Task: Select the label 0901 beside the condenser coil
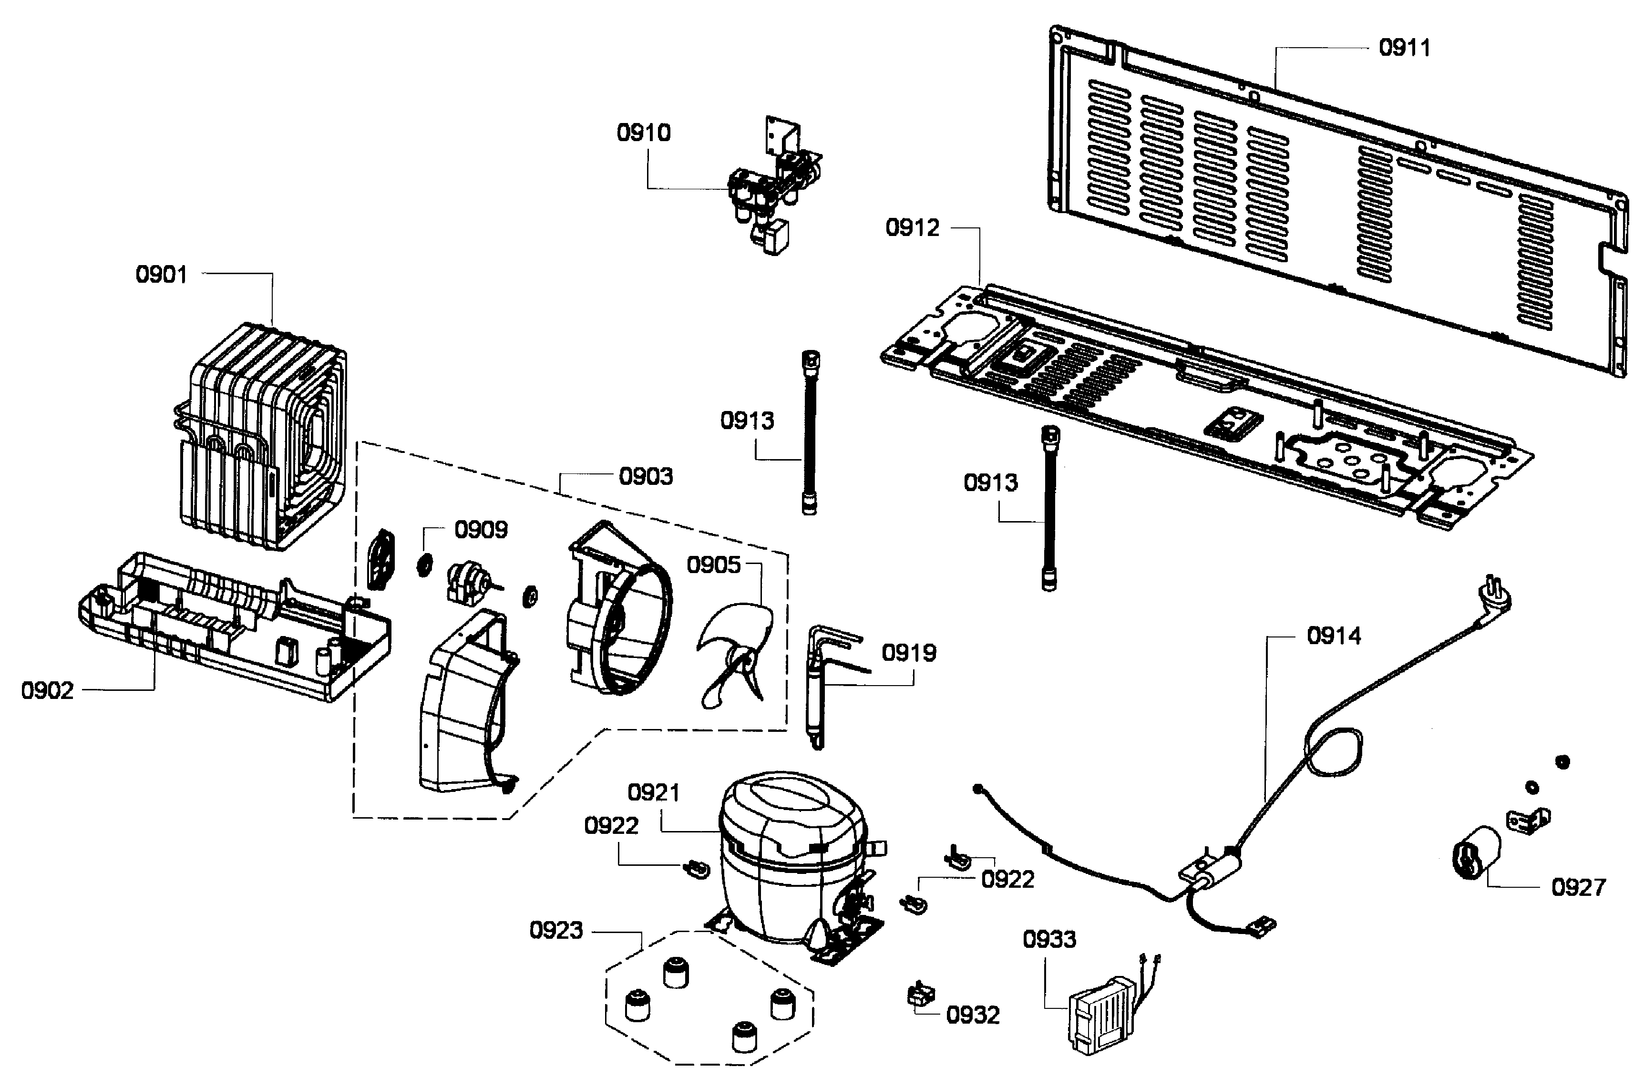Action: (162, 275)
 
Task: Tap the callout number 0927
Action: (1579, 887)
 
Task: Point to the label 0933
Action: (1049, 940)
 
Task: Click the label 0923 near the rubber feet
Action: (556, 931)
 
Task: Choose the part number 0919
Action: (909, 653)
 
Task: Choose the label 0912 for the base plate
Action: (912, 227)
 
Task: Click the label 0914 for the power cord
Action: (1334, 636)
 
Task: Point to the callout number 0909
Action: (481, 530)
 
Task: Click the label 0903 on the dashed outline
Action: (646, 477)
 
